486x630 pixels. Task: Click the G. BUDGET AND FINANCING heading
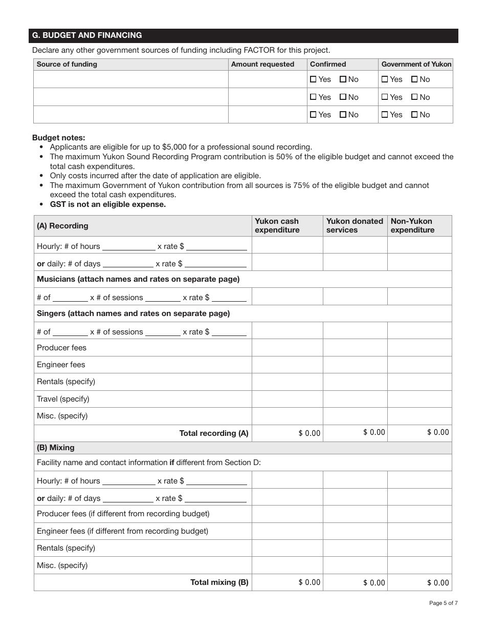click(87, 35)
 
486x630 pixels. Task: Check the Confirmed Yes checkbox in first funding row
click(314, 79)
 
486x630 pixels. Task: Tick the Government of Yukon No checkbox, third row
click(414, 115)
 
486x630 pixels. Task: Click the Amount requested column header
click(262, 64)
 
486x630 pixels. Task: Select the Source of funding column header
click(67, 64)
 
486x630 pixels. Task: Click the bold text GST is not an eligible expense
click(107, 204)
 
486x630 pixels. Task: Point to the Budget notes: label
click(59, 137)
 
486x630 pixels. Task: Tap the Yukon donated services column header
click(355, 225)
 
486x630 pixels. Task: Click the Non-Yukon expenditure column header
click(412, 225)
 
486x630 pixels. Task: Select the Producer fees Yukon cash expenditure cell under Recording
click(287, 348)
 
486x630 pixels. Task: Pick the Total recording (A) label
click(214, 433)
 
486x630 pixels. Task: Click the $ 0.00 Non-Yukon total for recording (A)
click(438, 432)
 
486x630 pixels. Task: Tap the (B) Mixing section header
click(56, 448)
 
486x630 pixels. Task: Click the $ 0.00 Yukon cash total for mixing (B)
click(309, 582)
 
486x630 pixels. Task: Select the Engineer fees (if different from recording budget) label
click(122, 531)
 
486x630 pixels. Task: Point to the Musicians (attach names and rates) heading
click(138, 279)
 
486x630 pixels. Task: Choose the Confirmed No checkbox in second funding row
click(343, 97)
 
